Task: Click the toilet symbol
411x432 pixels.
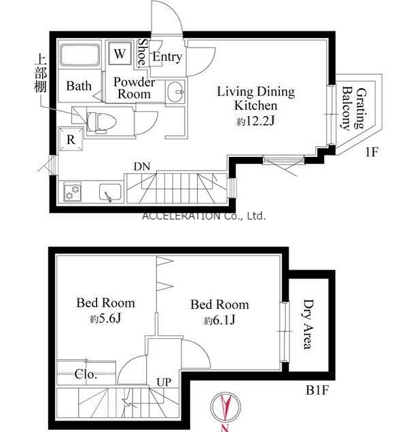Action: tap(101, 122)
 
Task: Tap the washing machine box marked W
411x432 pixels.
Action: tap(120, 53)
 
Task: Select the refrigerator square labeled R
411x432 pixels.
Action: tap(71, 139)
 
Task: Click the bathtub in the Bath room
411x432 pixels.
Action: tap(80, 55)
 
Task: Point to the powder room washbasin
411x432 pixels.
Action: tap(175, 92)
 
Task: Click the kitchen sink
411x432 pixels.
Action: tap(110, 192)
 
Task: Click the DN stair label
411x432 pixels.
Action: tap(142, 166)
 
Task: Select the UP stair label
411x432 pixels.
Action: tap(164, 382)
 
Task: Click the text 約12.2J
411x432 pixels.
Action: tap(255, 121)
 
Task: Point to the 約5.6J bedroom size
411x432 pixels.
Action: tap(105, 319)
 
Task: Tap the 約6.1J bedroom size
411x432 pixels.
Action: tap(219, 320)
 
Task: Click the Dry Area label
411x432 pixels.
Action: tap(308, 324)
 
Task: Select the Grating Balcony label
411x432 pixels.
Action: tap(354, 109)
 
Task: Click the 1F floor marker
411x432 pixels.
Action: tap(372, 151)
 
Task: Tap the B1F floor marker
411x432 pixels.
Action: tap(318, 390)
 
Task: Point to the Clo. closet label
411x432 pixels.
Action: tap(86, 374)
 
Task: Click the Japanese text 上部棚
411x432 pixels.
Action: tap(40, 75)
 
